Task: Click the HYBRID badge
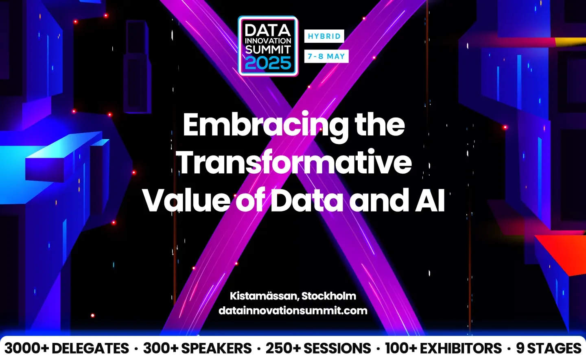(x=324, y=36)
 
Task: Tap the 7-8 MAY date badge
(x=326, y=56)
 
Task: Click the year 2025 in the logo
(x=268, y=63)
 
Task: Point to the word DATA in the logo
(x=268, y=30)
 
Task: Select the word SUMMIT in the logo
(x=268, y=50)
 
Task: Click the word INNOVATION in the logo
(x=268, y=41)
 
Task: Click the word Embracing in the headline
(x=265, y=125)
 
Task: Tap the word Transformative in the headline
(x=295, y=162)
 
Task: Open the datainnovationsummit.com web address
(x=293, y=310)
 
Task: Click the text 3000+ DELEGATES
(x=67, y=348)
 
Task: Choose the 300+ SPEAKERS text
(x=197, y=348)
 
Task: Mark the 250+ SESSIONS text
(x=318, y=348)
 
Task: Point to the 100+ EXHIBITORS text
(x=443, y=348)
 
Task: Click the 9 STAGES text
(x=549, y=348)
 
